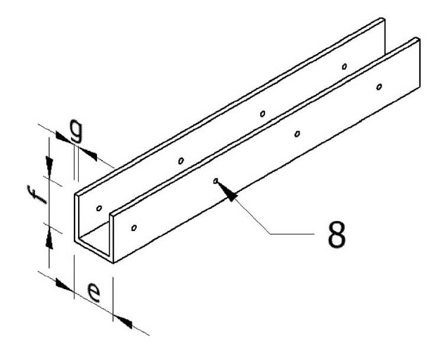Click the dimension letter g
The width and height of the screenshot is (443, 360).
click(x=76, y=131)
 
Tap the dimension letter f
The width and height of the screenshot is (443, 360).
click(x=37, y=194)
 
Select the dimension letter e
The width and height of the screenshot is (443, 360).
click(x=93, y=293)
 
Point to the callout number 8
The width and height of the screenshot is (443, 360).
click(x=337, y=234)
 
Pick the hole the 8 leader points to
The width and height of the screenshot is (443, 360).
click(x=216, y=181)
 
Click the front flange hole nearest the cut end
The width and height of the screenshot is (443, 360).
click(x=134, y=228)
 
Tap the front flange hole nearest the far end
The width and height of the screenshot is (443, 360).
click(x=379, y=87)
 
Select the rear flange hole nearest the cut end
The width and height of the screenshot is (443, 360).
click(x=99, y=208)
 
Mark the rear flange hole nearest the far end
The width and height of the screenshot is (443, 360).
click(x=344, y=67)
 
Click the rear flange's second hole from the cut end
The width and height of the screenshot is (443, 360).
click(x=181, y=161)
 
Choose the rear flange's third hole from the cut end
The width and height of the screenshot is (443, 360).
click(x=263, y=113)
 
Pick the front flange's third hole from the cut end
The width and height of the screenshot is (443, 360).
click(x=297, y=134)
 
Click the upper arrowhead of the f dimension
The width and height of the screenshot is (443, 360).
click(x=50, y=164)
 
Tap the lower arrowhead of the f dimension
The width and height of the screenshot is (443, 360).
click(x=50, y=239)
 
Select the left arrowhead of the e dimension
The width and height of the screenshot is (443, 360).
click(x=63, y=284)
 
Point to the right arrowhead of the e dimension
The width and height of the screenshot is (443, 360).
click(x=123, y=322)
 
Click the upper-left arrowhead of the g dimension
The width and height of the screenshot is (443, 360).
click(x=63, y=138)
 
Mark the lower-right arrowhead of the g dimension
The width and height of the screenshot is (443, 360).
click(x=88, y=154)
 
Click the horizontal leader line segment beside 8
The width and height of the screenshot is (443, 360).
click(x=292, y=233)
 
